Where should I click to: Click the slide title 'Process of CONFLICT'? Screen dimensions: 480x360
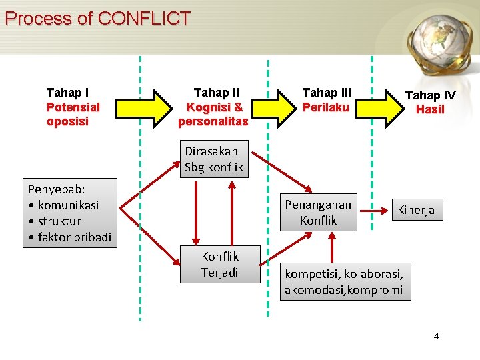97,18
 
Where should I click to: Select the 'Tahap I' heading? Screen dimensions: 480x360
68,93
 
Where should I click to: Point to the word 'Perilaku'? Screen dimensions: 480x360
326,107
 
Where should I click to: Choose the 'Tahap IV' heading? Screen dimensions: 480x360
430,95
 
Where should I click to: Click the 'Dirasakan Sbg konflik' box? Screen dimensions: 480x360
214,159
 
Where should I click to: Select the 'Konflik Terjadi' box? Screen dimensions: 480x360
220,264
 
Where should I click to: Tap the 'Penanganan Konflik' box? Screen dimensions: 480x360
318,213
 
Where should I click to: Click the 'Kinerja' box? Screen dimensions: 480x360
416,210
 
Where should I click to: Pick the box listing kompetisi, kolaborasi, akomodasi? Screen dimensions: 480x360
344,281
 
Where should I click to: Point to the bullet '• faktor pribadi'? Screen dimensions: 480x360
69,237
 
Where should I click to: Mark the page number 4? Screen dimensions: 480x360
436,335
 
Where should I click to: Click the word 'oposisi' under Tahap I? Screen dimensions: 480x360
67,121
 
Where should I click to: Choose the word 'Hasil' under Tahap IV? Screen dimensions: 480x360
430,109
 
